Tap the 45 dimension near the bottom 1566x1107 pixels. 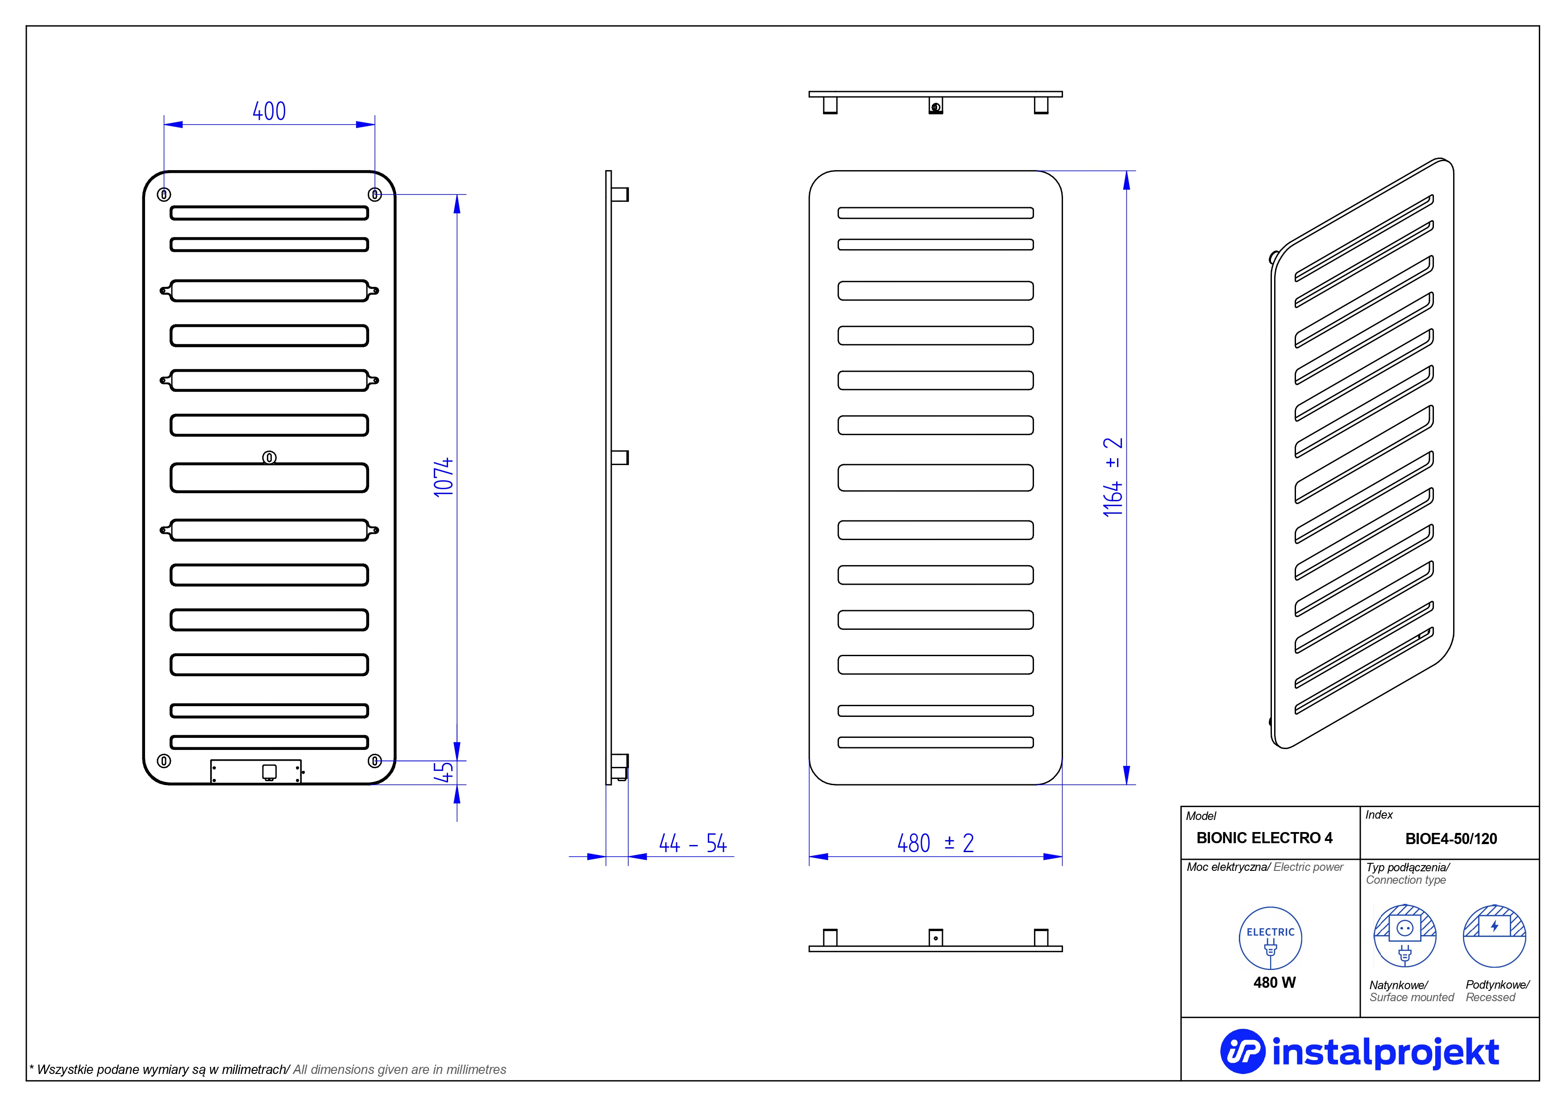(x=443, y=772)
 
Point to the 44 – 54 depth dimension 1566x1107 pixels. (x=692, y=844)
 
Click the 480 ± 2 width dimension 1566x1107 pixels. (x=935, y=844)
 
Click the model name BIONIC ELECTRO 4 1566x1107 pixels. (x=1264, y=838)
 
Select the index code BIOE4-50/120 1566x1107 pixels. (x=1451, y=839)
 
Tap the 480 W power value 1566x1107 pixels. (x=1274, y=983)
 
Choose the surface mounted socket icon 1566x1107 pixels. (x=1404, y=936)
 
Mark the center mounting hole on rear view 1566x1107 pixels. (x=270, y=458)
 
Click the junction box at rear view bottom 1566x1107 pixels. (x=256, y=771)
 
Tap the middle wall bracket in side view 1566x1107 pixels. (x=619, y=458)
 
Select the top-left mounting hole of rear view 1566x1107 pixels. (x=164, y=194)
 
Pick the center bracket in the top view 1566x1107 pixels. (x=936, y=106)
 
